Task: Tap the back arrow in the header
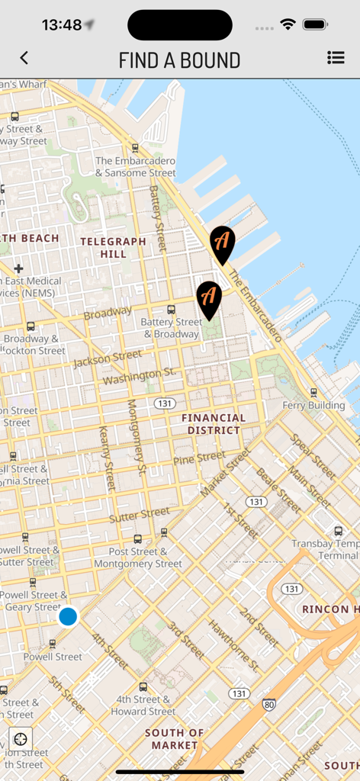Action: click(24, 58)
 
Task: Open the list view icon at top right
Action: click(335, 58)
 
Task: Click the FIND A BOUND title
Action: click(179, 60)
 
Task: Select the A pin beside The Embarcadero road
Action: click(222, 243)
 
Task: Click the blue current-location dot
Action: click(68, 616)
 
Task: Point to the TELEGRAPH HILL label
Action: click(113, 247)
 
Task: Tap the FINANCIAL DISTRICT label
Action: click(214, 424)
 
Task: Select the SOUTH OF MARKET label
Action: click(175, 738)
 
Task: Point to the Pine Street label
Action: click(199, 458)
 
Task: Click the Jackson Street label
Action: click(108, 358)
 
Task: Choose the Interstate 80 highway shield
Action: click(268, 704)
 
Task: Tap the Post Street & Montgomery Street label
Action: click(138, 558)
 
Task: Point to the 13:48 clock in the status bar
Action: click(62, 25)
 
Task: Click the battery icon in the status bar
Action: click(315, 25)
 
